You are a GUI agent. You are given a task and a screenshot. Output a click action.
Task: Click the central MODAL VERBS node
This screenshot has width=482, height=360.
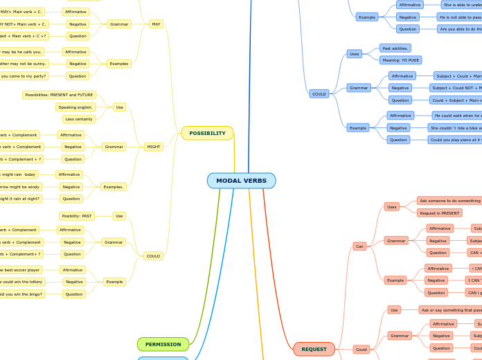[x=241, y=181]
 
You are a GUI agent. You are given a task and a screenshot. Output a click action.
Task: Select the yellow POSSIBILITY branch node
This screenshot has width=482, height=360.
[x=207, y=133]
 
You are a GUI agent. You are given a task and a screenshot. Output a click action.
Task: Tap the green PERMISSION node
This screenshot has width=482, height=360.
[x=163, y=344]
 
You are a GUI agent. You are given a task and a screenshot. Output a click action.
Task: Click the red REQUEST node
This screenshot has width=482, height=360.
[x=314, y=349]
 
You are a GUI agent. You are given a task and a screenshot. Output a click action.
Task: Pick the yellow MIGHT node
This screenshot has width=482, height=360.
[x=153, y=147]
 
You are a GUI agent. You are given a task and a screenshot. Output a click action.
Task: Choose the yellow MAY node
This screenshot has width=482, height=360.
[x=156, y=24]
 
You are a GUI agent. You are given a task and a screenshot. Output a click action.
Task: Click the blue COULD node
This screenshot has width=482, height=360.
[x=319, y=93]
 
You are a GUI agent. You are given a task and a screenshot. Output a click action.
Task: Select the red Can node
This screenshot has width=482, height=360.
[x=359, y=246]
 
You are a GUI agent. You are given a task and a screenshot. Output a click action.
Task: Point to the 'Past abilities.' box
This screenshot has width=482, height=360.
[x=395, y=48]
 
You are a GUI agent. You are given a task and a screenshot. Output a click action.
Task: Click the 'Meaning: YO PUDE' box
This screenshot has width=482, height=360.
[x=400, y=60]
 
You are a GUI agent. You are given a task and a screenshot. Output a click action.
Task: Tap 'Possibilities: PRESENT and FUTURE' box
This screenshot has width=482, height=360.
[x=59, y=95]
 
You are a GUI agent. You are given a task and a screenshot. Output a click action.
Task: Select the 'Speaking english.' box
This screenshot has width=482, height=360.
[x=75, y=107]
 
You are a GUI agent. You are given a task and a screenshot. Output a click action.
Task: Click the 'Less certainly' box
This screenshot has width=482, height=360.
[x=79, y=119]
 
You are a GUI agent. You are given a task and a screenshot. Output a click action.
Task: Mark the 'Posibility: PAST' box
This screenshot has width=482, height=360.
[x=77, y=216]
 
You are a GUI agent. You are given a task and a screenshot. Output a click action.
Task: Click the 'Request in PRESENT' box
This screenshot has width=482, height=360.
[x=439, y=213]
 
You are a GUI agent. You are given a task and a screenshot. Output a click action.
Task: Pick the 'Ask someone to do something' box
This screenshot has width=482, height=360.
[x=449, y=200]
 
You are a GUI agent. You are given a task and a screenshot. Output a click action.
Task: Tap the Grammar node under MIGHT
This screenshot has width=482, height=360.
[x=114, y=147]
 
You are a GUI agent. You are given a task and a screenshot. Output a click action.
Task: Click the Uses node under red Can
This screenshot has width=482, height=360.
[x=391, y=206]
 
